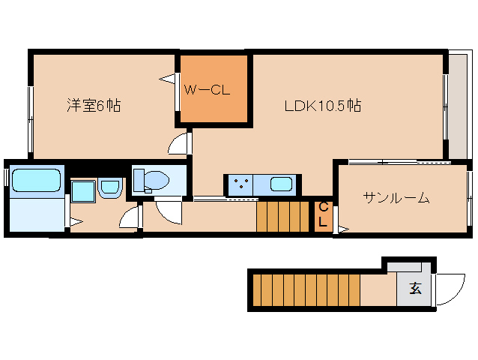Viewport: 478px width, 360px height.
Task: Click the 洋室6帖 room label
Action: [x=93, y=106]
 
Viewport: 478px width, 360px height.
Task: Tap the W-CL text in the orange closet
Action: [x=206, y=90]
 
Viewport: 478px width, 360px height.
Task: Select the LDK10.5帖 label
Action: [x=322, y=106]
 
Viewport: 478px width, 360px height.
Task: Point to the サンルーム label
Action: [x=396, y=198]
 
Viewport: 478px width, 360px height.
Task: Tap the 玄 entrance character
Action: [x=415, y=289]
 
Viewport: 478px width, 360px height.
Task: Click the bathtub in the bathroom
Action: [x=36, y=181]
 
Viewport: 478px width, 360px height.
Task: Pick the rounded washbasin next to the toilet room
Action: [x=110, y=187]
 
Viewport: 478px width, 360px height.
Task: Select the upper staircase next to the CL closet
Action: [x=283, y=217]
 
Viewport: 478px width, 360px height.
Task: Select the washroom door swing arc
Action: [x=132, y=218]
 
